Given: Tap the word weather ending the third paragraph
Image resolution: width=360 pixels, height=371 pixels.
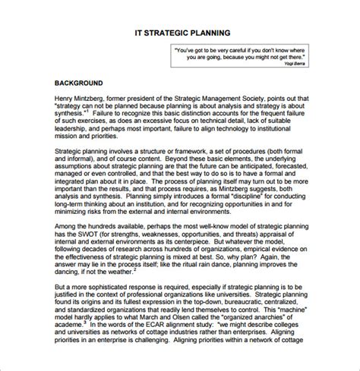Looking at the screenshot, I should coord(121,272).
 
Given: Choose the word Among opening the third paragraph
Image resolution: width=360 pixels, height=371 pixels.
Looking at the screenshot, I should coord(68,226).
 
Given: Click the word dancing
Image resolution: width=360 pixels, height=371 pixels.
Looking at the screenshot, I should coord(70,272).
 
